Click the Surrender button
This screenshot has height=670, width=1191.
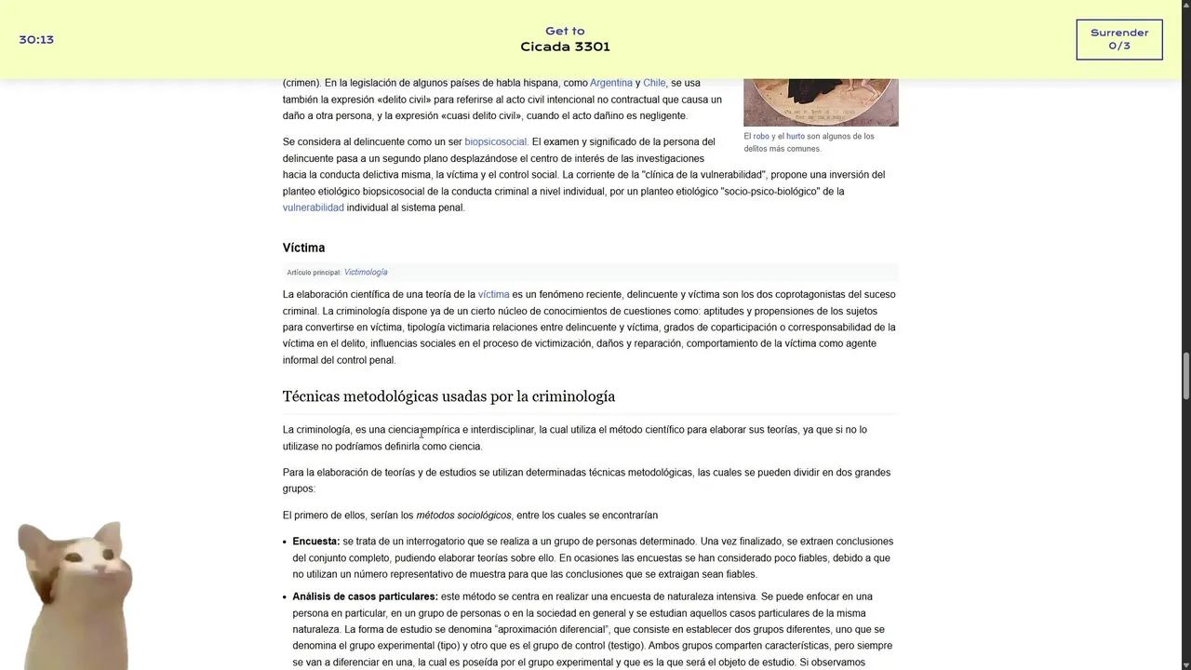click(1118, 39)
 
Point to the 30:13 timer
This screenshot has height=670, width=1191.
click(36, 40)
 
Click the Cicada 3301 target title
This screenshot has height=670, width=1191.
click(565, 47)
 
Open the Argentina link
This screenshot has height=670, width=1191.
click(610, 83)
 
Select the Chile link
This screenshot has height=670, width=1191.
click(654, 83)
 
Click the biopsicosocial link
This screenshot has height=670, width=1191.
click(496, 141)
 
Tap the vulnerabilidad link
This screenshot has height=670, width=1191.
click(313, 208)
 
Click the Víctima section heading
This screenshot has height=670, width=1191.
click(303, 248)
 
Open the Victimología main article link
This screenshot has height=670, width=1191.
click(366, 272)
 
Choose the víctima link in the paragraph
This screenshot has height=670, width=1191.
click(493, 294)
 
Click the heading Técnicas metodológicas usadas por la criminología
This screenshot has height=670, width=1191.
click(448, 396)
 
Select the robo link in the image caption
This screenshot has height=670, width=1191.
click(761, 136)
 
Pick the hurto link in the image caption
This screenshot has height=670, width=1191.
click(796, 136)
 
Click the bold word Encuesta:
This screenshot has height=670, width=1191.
click(315, 541)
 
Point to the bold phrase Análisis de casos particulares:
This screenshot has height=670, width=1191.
click(365, 596)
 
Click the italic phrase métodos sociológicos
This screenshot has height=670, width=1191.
click(463, 515)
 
